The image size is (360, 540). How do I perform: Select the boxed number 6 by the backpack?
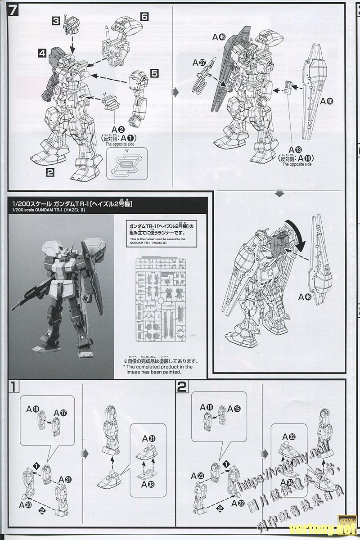144,16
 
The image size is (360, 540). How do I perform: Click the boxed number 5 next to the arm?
154,72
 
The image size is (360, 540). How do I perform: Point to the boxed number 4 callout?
42,53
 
